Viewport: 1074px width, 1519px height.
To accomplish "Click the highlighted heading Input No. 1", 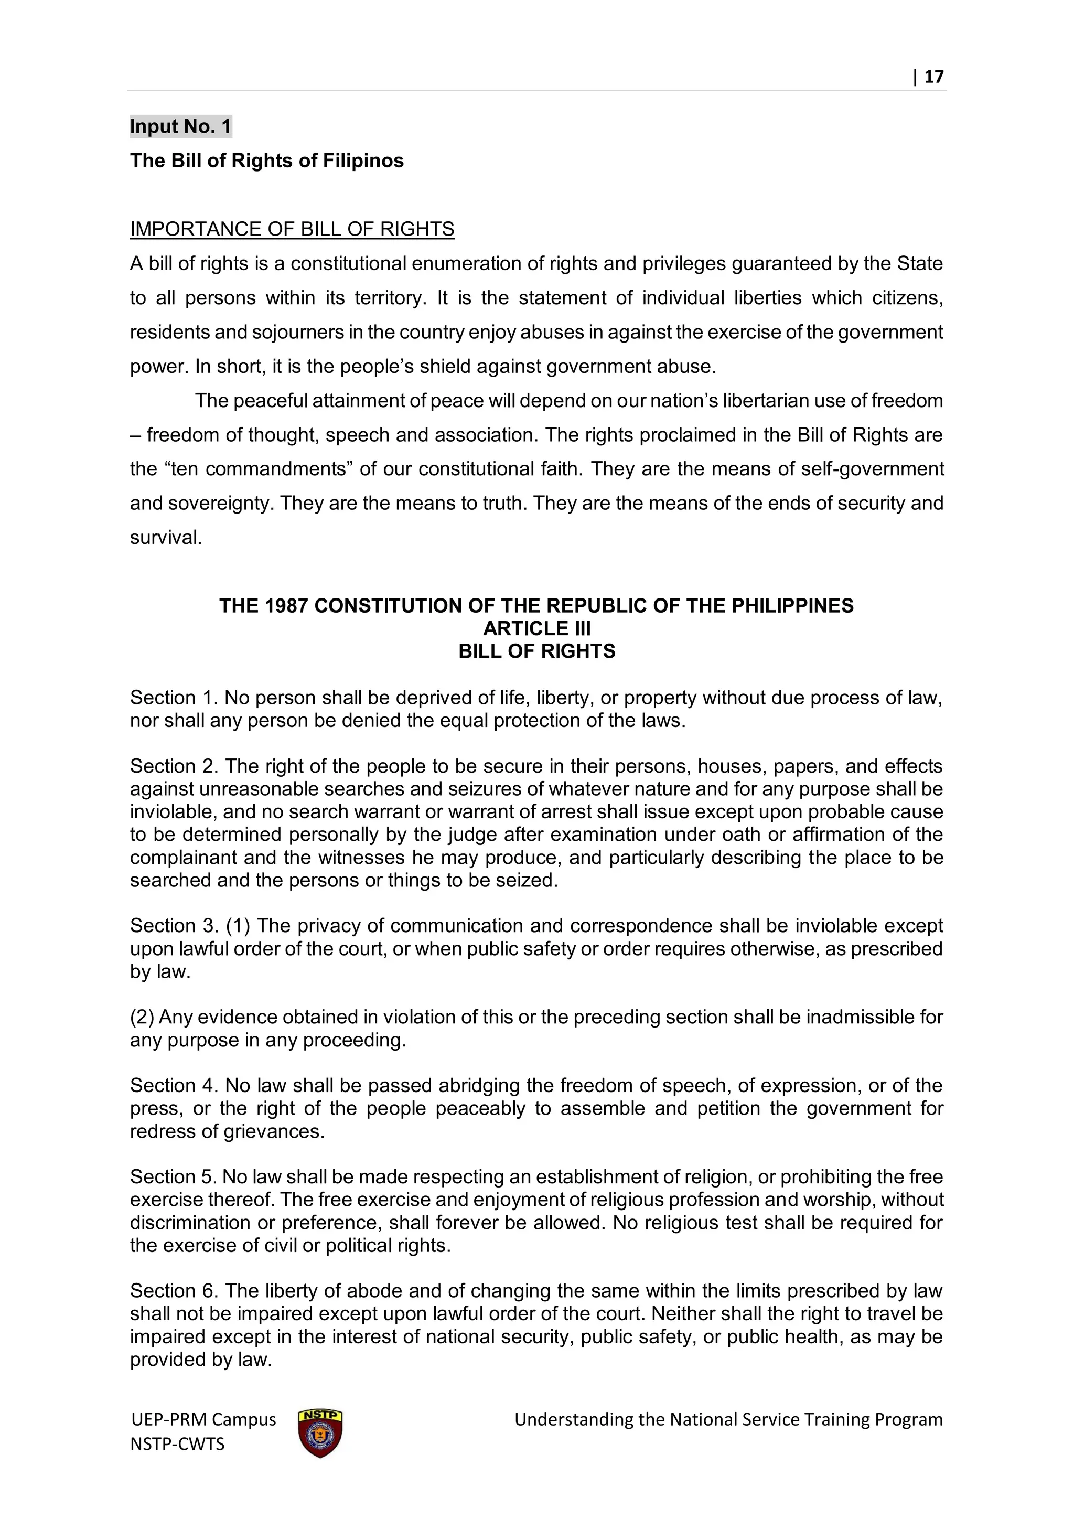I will [180, 126].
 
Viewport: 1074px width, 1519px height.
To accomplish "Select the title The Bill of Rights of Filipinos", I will [266, 161].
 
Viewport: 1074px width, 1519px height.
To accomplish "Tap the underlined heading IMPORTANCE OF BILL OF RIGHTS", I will [292, 229].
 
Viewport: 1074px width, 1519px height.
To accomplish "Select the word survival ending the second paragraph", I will [164, 538].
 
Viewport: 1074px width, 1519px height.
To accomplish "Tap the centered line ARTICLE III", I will [536, 628].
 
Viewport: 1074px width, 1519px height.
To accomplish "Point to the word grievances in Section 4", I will [274, 1131].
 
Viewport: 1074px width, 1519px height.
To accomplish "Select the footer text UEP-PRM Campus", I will [203, 1420].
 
